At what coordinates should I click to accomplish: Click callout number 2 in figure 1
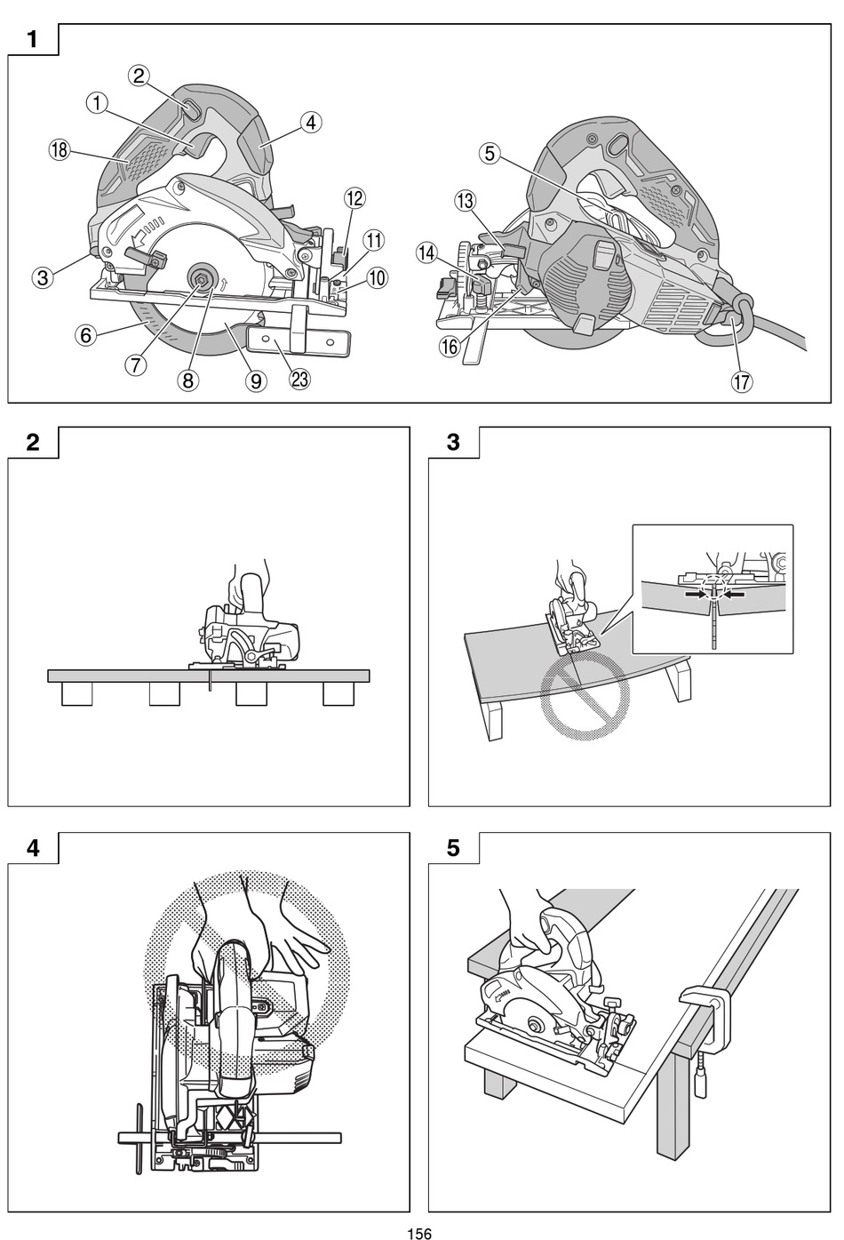coord(139,76)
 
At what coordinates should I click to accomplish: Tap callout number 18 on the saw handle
coord(59,150)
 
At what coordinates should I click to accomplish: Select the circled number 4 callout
coord(310,122)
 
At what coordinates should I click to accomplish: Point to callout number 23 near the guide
coord(299,379)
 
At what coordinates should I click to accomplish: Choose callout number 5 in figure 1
coord(489,153)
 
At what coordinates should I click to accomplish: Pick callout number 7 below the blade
coord(134,364)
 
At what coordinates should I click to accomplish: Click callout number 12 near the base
coord(354,197)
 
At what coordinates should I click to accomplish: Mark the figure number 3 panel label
coord(454,442)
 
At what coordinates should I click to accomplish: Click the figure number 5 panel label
coord(454,847)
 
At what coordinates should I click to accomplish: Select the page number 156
coord(419,1233)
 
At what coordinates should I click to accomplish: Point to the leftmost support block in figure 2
coord(76,693)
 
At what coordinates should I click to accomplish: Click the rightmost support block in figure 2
coord(338,693)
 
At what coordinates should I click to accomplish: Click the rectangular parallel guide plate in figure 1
coord(298,339)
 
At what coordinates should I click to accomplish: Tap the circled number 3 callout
coord(42,276)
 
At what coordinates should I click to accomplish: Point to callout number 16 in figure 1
coord(450,347)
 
